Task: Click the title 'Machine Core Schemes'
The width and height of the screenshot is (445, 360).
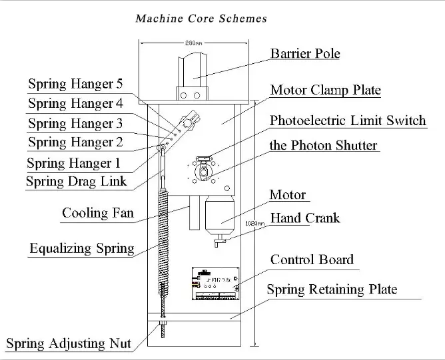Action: click(201, 18)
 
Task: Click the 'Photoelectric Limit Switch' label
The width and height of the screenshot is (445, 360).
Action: click(347, 120)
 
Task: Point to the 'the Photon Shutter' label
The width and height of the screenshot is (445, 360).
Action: click(323, 145)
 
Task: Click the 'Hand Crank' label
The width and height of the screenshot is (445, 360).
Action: click(304, 218)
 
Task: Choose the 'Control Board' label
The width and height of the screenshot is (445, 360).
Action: click(311, 260)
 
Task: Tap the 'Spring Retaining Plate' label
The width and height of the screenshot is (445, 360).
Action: click(331, 289)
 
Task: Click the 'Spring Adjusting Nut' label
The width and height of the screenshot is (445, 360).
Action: click(69, 344)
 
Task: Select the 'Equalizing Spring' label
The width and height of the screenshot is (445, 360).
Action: click(81, 249)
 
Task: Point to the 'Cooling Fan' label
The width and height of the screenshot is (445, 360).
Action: click(97, 214)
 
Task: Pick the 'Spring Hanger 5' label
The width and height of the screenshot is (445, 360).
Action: click(75, 85)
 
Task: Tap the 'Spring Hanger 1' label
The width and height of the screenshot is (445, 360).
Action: click(73, 162)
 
